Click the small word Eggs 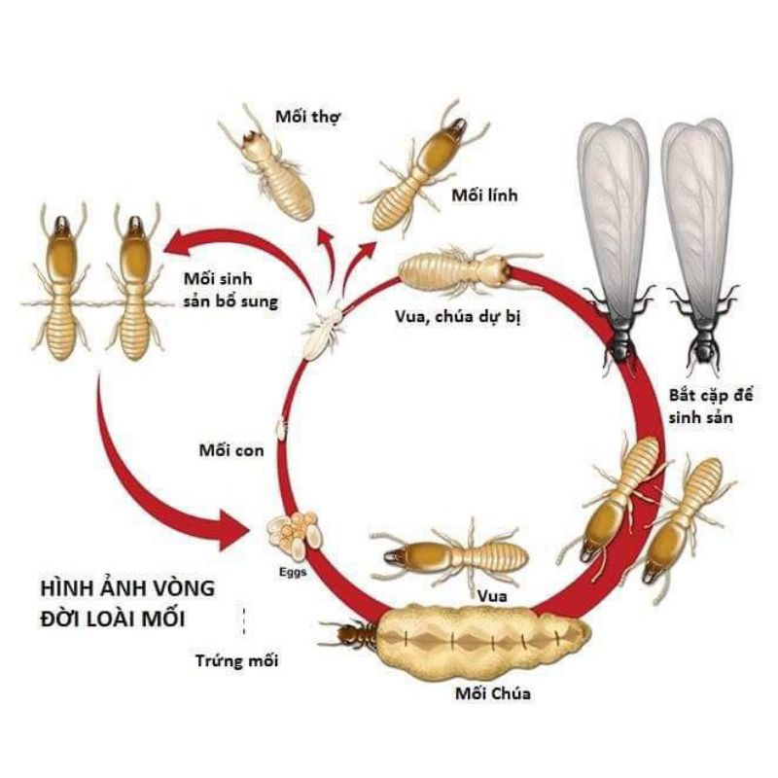292,572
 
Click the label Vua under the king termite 491,595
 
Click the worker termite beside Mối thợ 273,165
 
